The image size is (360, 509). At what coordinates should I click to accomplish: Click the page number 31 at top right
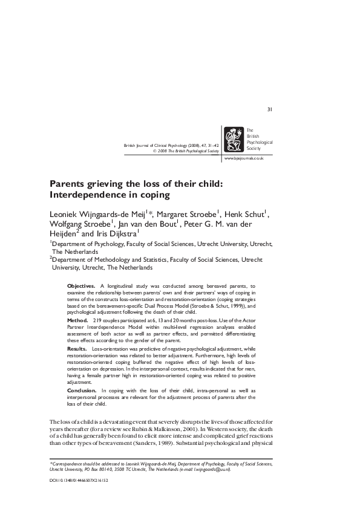coord(270,109)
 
